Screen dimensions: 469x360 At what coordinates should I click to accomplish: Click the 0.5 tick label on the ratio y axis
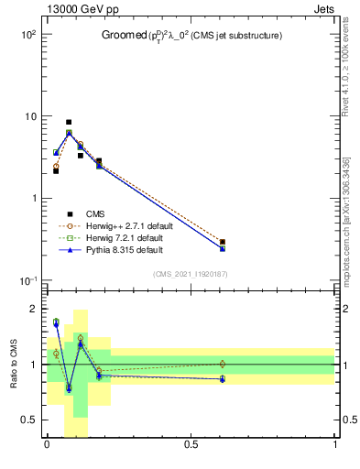click(27, 420)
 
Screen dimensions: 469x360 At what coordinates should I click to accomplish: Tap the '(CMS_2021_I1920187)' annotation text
click(191, 275)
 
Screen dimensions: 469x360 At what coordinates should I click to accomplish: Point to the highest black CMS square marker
click(69, 122)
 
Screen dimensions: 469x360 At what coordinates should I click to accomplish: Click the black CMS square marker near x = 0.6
click(223, 242)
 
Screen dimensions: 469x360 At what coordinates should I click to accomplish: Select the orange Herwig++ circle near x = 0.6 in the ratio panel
click(223, 364)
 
